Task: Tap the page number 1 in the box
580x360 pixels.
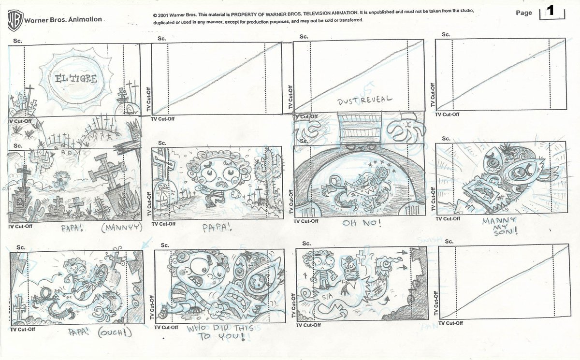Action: (550, 11)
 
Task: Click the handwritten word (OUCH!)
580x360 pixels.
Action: (114, 333)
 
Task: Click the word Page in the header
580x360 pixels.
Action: (523, 13)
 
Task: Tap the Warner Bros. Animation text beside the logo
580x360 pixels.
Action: (63, 20)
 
